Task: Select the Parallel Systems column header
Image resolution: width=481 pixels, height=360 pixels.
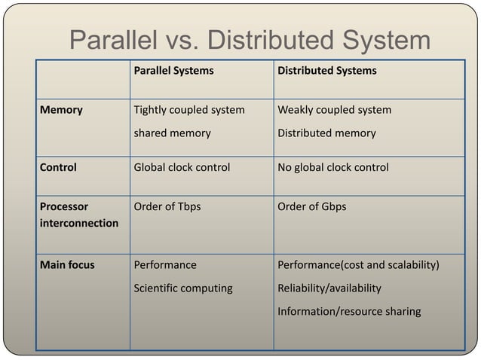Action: [x=173, y=71]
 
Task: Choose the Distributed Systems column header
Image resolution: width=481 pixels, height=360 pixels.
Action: [x=327, y=71]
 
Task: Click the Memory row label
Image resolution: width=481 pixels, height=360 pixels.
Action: [x=62, y=110]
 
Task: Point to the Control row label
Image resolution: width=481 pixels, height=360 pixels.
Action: [x=59, y=167]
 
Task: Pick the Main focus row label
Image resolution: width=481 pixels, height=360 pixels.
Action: [x=68, y=265]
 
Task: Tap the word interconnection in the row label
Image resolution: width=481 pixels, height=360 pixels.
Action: [x=79, y=224]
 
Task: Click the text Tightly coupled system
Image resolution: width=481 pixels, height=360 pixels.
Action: [x=189, y=110]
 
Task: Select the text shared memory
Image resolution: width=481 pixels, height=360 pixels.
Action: [x=172, y=133]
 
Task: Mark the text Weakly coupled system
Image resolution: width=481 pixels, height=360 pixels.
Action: [x=335, y=110]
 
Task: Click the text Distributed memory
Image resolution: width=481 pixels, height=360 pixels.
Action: [x=326, y=133]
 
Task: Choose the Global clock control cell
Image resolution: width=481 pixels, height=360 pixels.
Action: [x=182, y=167]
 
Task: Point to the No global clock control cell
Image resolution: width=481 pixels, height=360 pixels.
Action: [x=333, y=167]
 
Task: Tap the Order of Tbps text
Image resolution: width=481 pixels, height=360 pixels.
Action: [x=167, y=206]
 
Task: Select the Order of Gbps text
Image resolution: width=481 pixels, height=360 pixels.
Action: [x=312, y=206]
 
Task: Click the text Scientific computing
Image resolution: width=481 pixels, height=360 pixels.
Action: [x=183, y=288]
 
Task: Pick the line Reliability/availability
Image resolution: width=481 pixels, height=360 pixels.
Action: [x=329, y=288]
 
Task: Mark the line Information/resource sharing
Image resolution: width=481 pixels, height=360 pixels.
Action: [x=349, y=311]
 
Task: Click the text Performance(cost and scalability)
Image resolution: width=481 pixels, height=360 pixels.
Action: [x=359, y=265]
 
